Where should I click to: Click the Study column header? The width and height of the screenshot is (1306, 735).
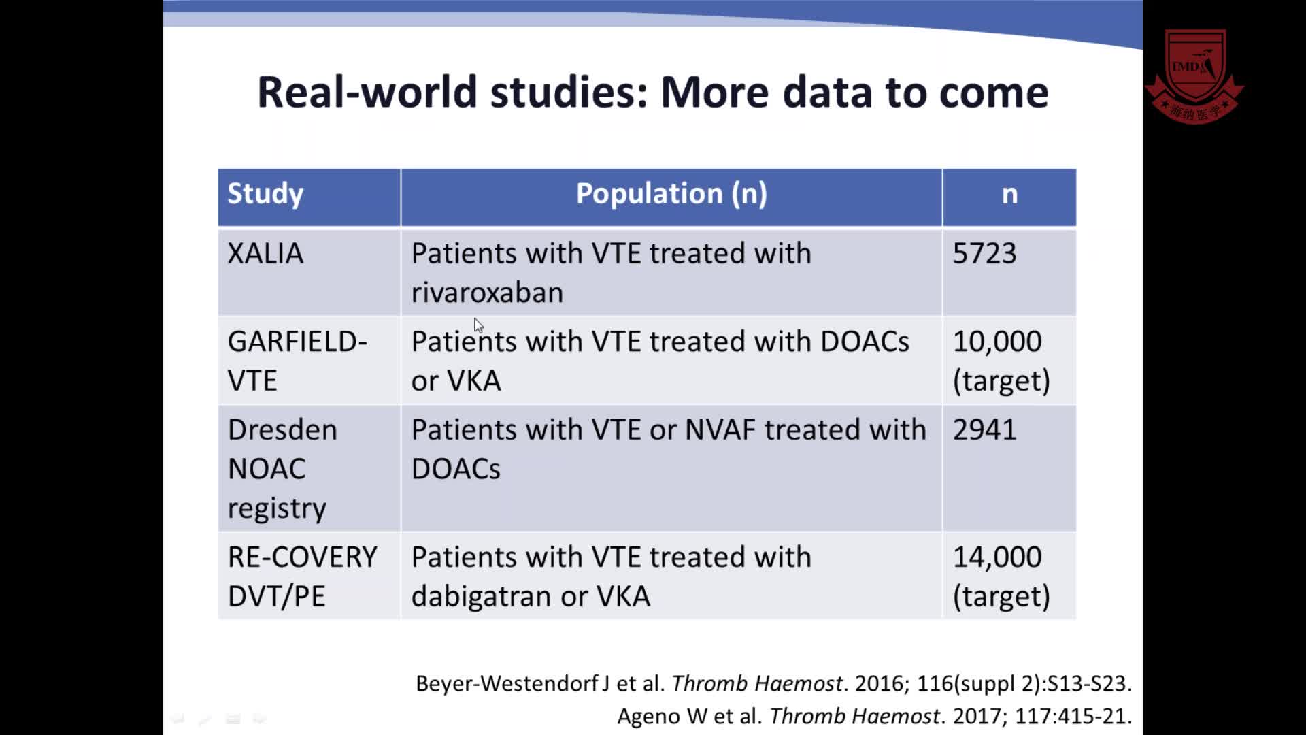(x=265, y=194)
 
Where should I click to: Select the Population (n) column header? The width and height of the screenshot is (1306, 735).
(x=671, y=194)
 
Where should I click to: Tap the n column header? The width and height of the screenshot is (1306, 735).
(x=1009, y=195)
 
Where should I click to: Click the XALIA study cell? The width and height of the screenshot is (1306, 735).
(x=265, y=254)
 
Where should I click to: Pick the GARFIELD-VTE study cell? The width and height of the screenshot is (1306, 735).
(x=297, y=361)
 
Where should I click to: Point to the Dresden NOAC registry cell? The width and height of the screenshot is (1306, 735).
(x=282, y=469)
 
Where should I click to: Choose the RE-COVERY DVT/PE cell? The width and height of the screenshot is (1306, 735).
(x=302, y=576)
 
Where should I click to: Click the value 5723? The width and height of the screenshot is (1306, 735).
(x=984, y=254)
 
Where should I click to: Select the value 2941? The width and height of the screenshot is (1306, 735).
(x=984, y=430)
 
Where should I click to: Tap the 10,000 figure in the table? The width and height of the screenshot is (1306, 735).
(x=997, y=342)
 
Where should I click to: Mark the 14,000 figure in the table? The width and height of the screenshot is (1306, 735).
(x=997, y=557)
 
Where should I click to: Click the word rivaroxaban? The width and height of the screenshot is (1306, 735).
(x=487, y=293)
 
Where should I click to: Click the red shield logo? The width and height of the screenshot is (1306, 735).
(x=1194, y=75)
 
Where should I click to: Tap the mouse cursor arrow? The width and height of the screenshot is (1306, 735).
(x=478, y=325)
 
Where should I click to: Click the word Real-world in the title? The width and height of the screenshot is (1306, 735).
(x=367, y=92)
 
